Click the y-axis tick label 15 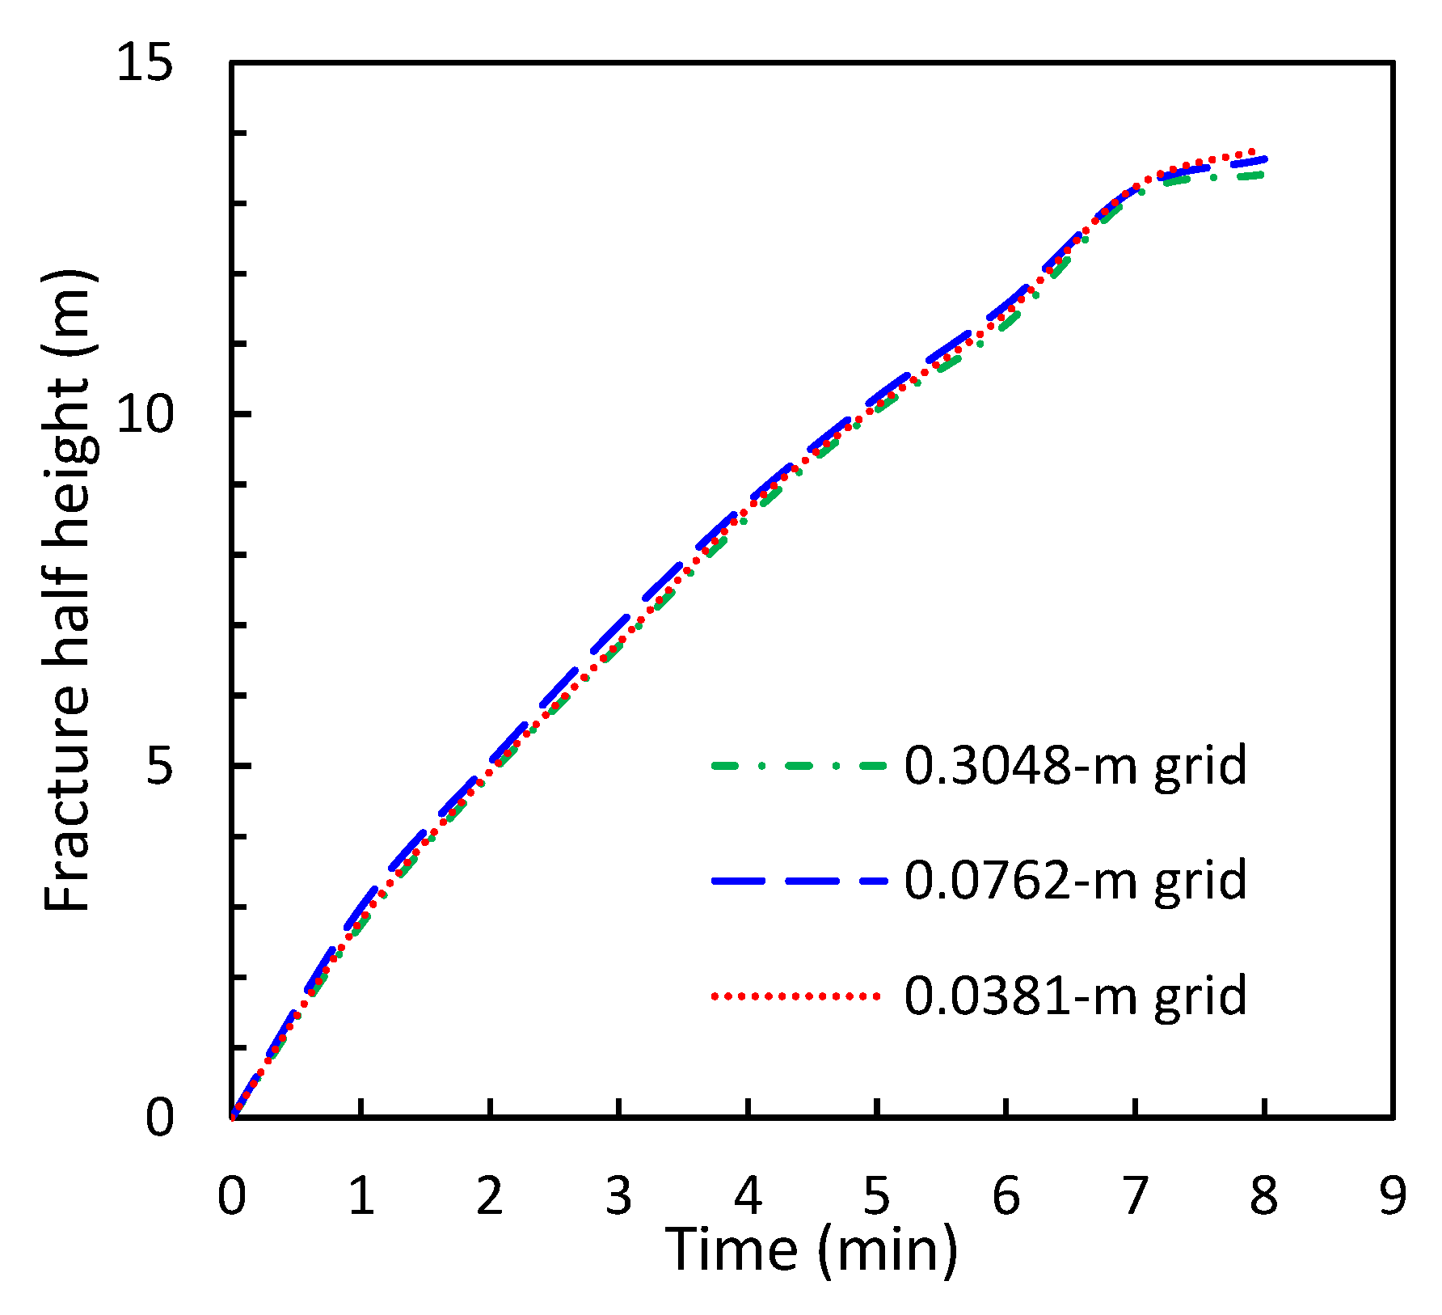point(145,63)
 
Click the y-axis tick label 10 point(145,415)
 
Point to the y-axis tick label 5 point(160,765)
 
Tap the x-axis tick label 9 point(1393,1195)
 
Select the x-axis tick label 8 point(1264,1195)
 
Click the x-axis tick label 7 point(1135,1195)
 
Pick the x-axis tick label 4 point(748,1195)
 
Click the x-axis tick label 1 point(361,1195)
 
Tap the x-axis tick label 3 point(619,1195)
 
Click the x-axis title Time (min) point(812,1249)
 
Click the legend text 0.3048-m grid point(1075,765)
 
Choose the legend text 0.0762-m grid point(1075,880)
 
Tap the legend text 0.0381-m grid point(1075,996)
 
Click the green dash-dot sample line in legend point(799,765)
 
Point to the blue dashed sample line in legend point(799,881)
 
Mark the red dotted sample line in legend point(796,996)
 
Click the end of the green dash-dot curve point(1261,174)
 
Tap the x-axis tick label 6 point(1006,1195)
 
